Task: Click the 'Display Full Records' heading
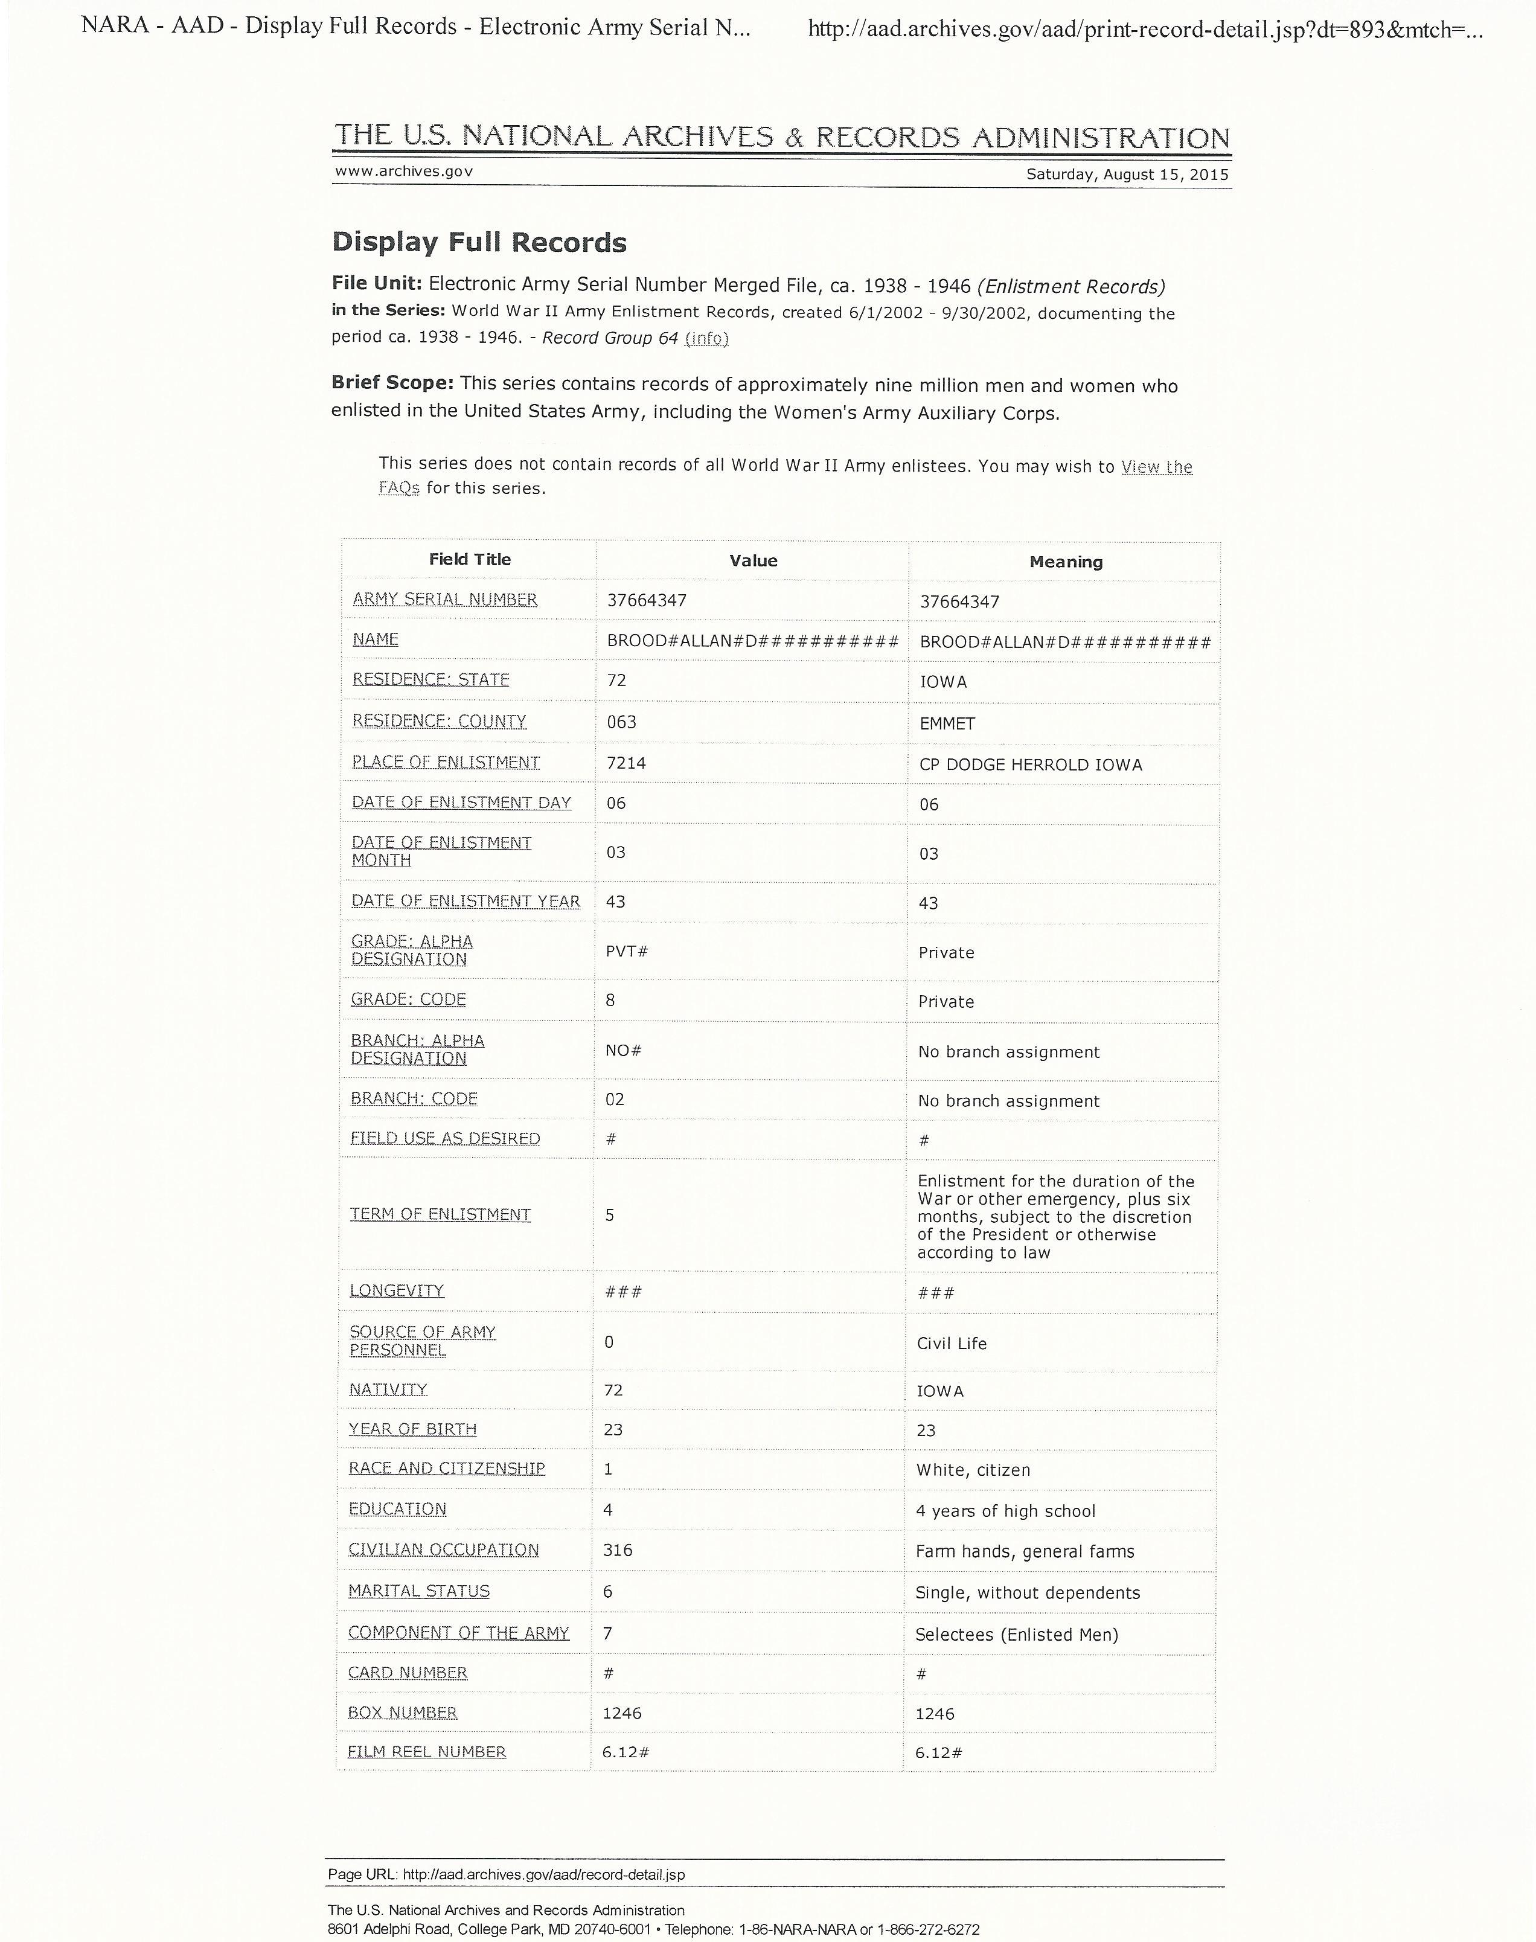point(479,243)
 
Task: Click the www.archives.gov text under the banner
point(404,171)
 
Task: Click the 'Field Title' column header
point(469,560)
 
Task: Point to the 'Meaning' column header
point(1066,562)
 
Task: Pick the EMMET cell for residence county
point(947,723)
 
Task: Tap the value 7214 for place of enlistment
point(626,763)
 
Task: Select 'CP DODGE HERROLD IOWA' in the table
point(1031,764)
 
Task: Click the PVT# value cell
point(626,950)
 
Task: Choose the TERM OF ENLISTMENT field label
point(440,1214)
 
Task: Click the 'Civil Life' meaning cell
point(952,1343)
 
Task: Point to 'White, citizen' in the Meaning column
point(973,1470)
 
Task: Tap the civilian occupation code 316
point(618,1550)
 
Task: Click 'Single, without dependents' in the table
point(1027,1593)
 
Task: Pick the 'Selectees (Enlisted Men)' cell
point(1016,1635)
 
